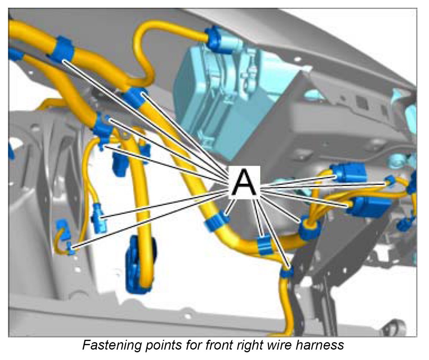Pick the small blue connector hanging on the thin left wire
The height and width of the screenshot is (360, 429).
[98, 219]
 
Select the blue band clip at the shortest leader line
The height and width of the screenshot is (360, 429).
[218, 222]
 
